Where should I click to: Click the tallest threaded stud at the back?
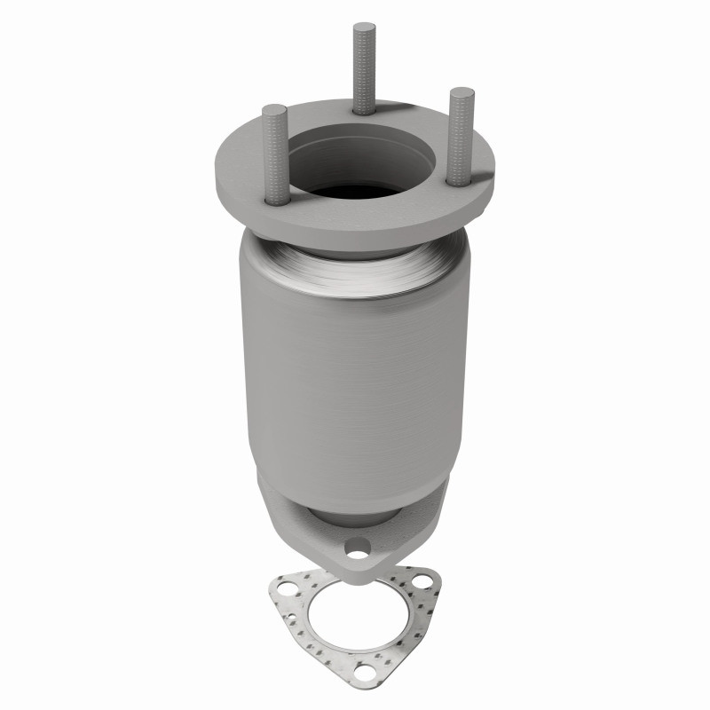(364, 71)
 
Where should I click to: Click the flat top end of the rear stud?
(364, 27)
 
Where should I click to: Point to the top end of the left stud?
(274, 109)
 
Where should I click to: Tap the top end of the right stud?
(461, 91)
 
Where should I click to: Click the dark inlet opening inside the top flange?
(355, 191)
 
